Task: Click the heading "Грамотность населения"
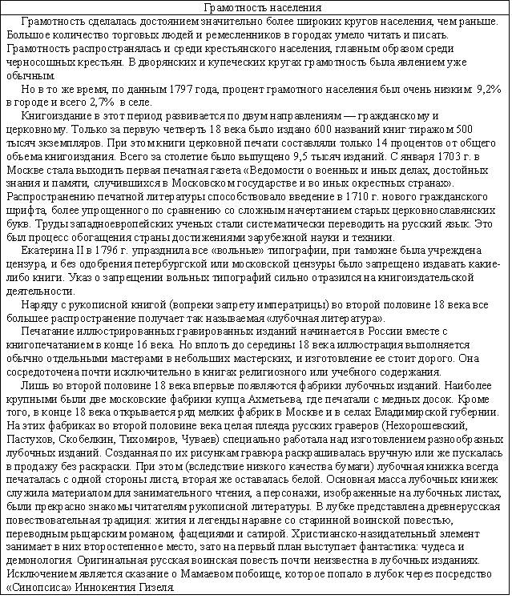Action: point(256,8)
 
